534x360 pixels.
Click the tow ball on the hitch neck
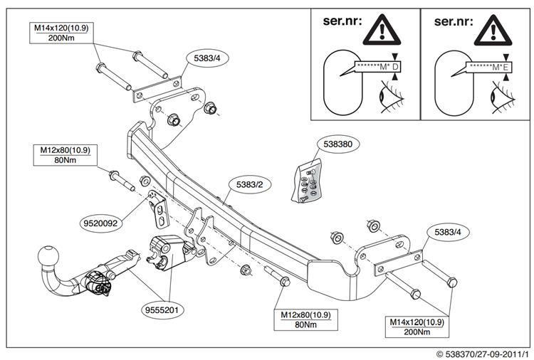tap(49, 256)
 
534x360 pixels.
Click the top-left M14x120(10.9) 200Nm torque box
tap(64, 33)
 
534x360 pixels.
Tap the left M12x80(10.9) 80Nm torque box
tap(66, 155)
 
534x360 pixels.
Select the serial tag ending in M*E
tap(487, 66)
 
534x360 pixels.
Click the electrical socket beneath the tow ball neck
tap(97, 282)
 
